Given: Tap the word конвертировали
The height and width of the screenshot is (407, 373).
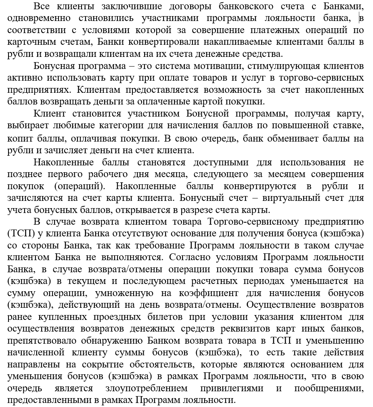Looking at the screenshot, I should coord(151,42).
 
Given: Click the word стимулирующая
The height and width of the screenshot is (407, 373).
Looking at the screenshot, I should coord(270,66).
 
